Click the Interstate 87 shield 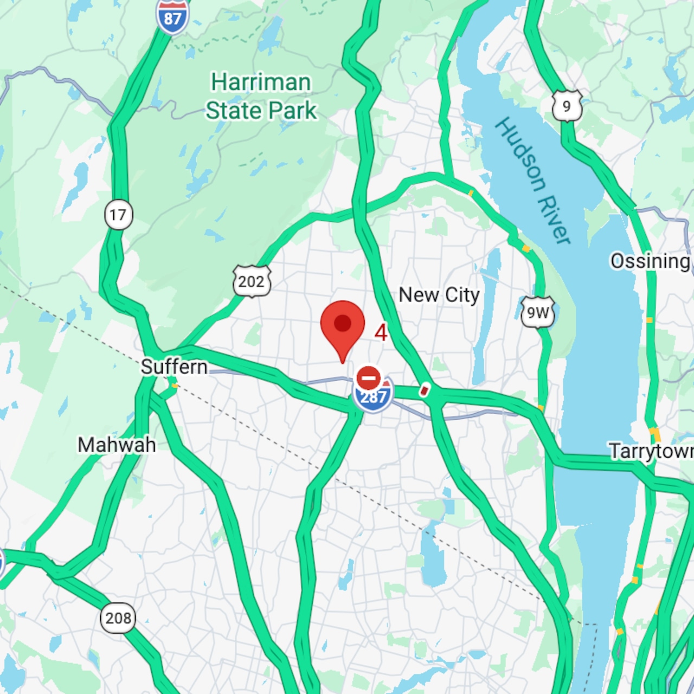click(172, 17)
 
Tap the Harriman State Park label click(261, 97)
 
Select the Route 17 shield click(118, 215)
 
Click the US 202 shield click(252, 281)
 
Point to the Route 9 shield click(567, 106)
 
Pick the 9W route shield click(538, 312)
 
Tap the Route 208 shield click(118, 618)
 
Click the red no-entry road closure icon click(368, 377)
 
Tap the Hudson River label click(532, 181)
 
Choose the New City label click(439, 295)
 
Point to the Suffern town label click(174, 367)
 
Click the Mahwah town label click(117, 445)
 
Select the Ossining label click(650, 261)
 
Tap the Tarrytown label click(651, 451)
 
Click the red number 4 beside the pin click(381, 332)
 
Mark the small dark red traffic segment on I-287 click(425, 389)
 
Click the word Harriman click(261, 82)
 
